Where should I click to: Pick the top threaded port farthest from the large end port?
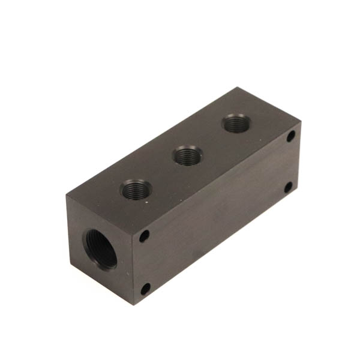[233, 124]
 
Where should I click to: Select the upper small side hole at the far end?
[290, 137]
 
